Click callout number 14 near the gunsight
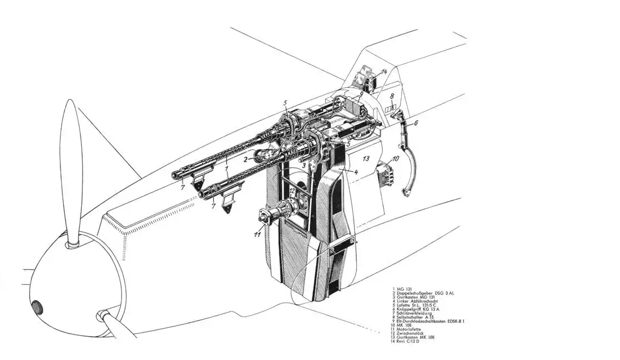point(384,72)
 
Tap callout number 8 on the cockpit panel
point(392,95)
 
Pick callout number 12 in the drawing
point(292,191)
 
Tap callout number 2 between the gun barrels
point(245,159)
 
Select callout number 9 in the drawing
point(353,94)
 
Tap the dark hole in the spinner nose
point(38,307)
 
